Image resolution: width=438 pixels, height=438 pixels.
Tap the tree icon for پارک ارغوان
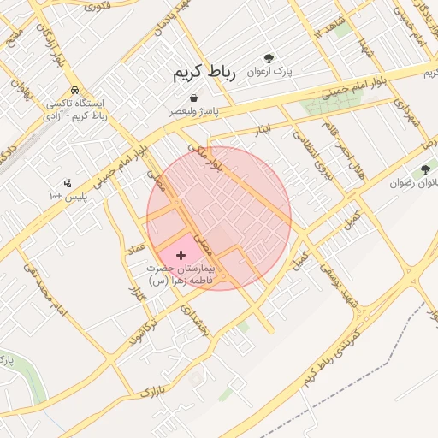[x=269, y=57]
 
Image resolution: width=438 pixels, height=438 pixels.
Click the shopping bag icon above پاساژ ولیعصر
[x=195, y=98]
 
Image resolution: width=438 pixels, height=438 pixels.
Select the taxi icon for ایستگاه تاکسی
[x=77, y=90]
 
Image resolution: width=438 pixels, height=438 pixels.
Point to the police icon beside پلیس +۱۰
[x=68, y=182]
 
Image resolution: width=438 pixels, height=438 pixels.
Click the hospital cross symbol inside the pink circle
[x=181, y=255]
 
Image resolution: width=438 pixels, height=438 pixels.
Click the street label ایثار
[x=263, y=129]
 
